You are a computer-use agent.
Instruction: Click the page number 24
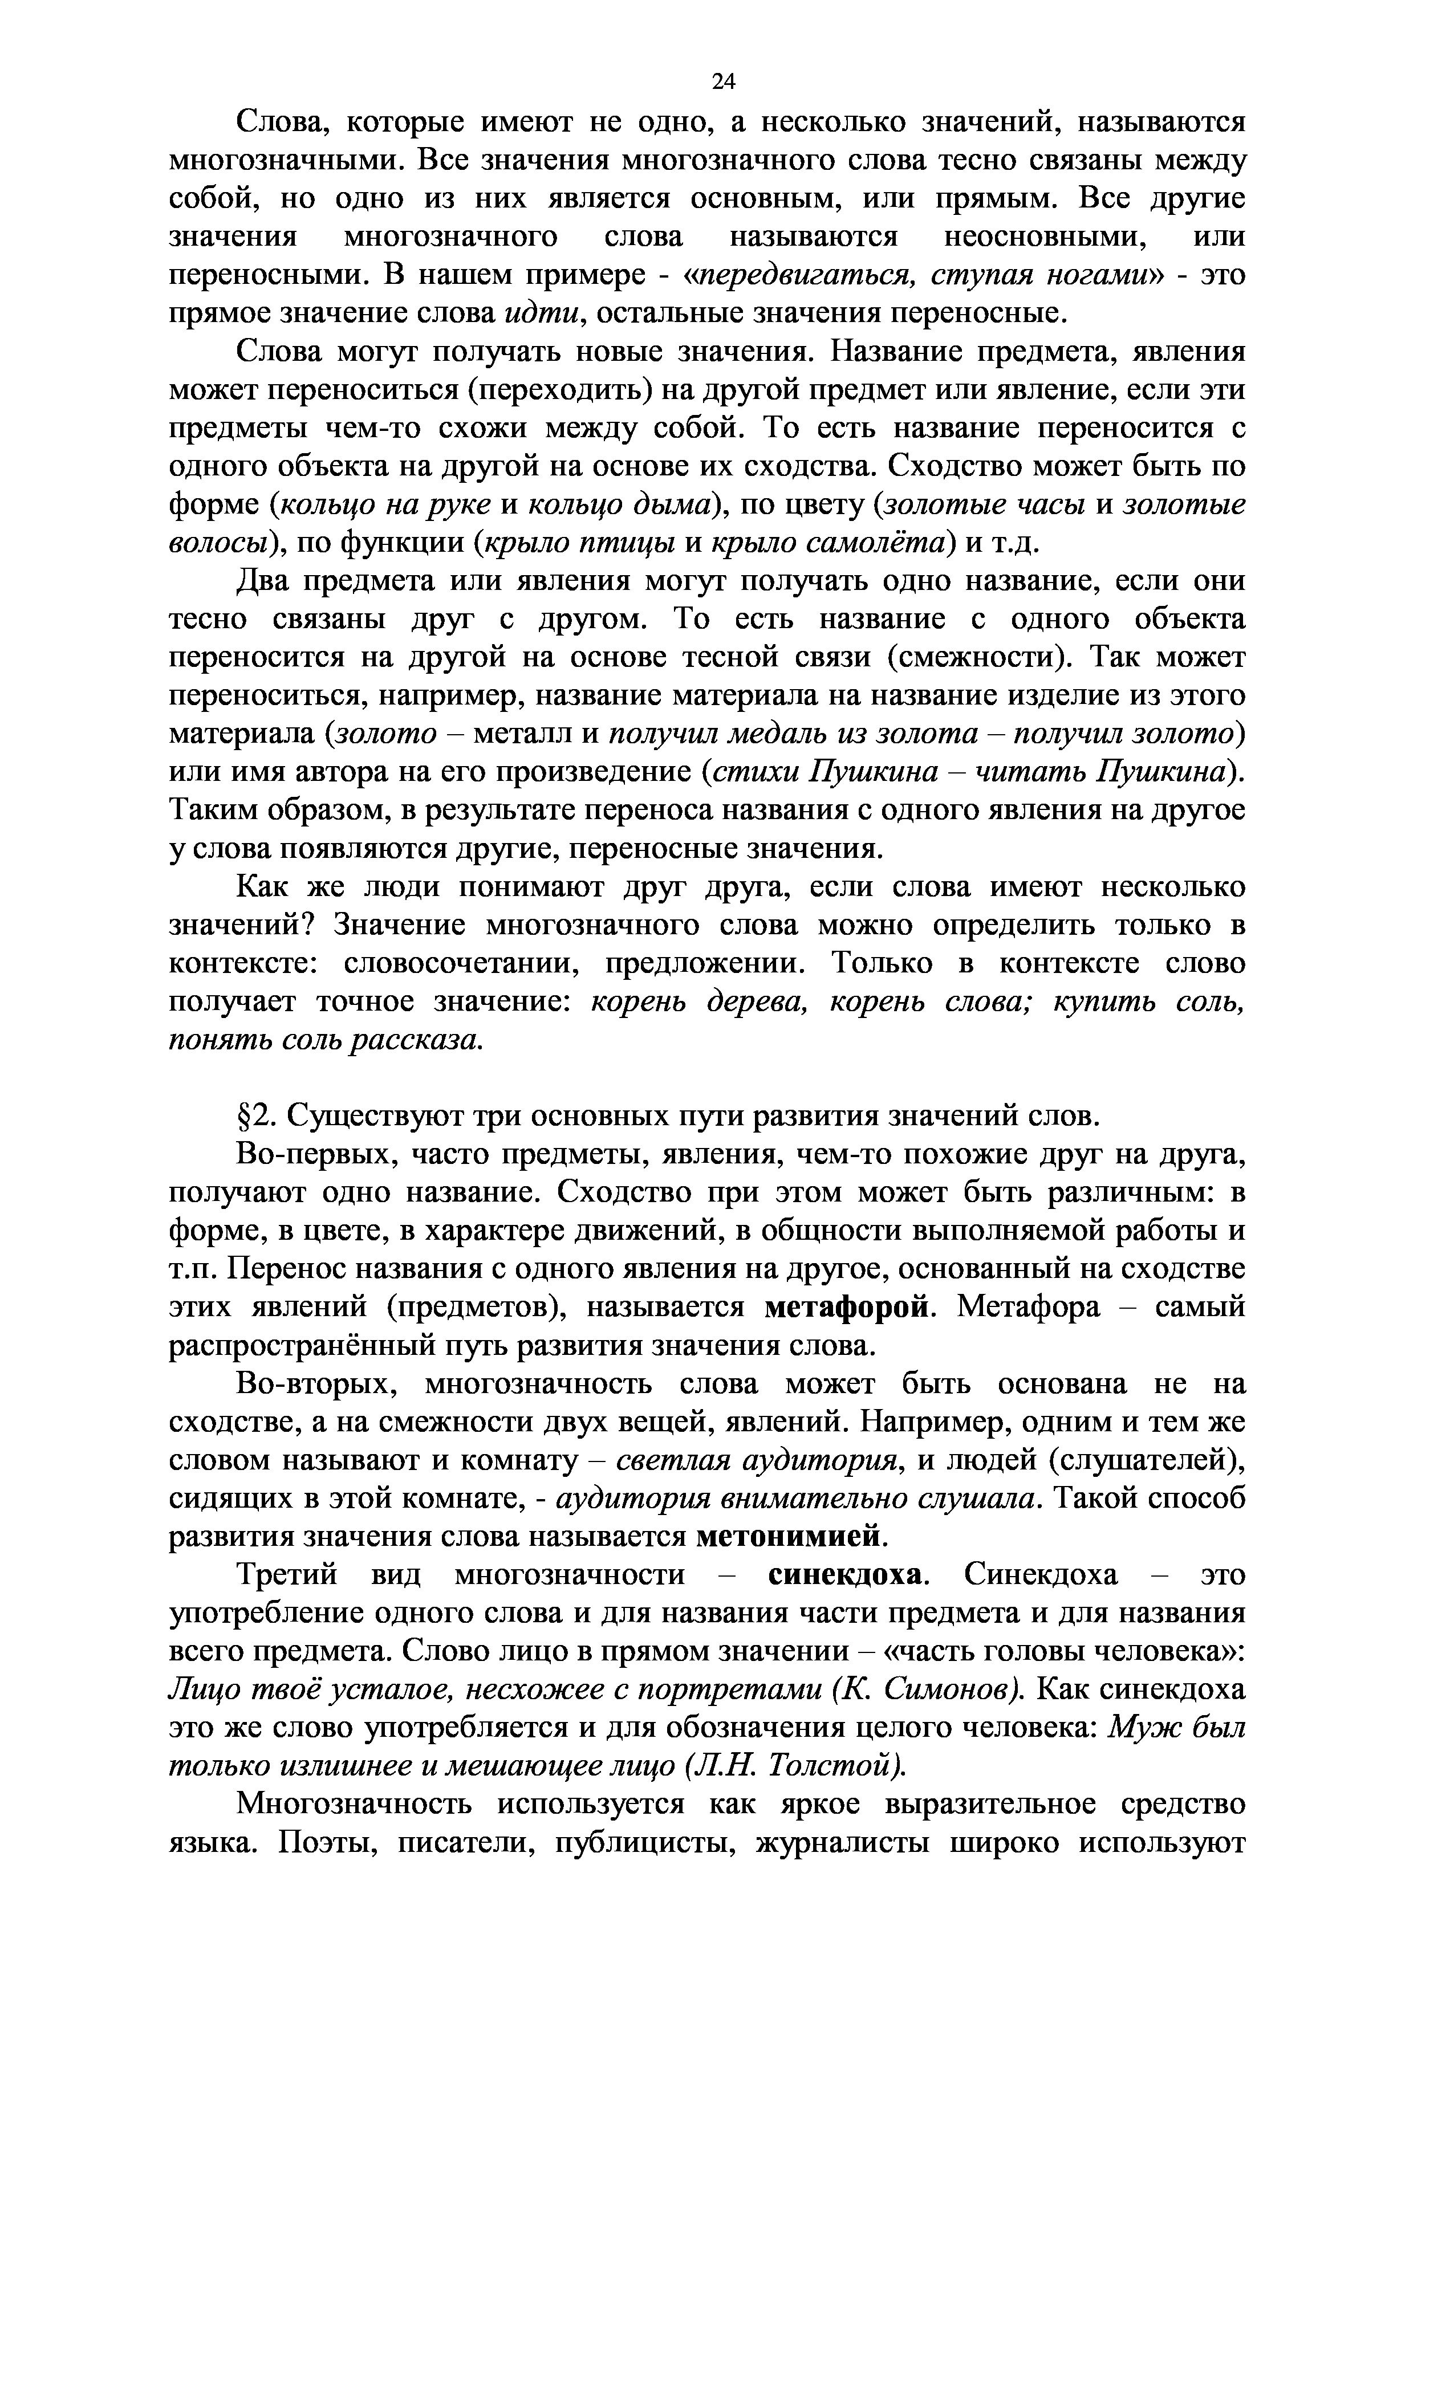723,82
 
